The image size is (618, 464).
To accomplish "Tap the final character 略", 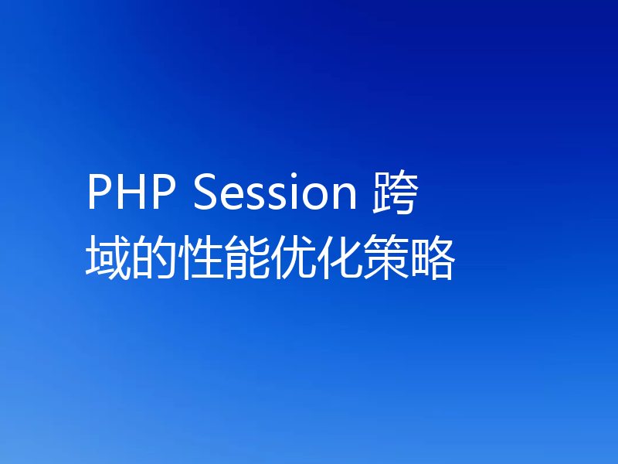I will pyautogui.click(x=432, y=259).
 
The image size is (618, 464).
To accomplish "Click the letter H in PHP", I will pyautogui.click(x=130, y=193).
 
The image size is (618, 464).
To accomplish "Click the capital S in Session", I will pyautogui.click(x=205, y=193).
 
